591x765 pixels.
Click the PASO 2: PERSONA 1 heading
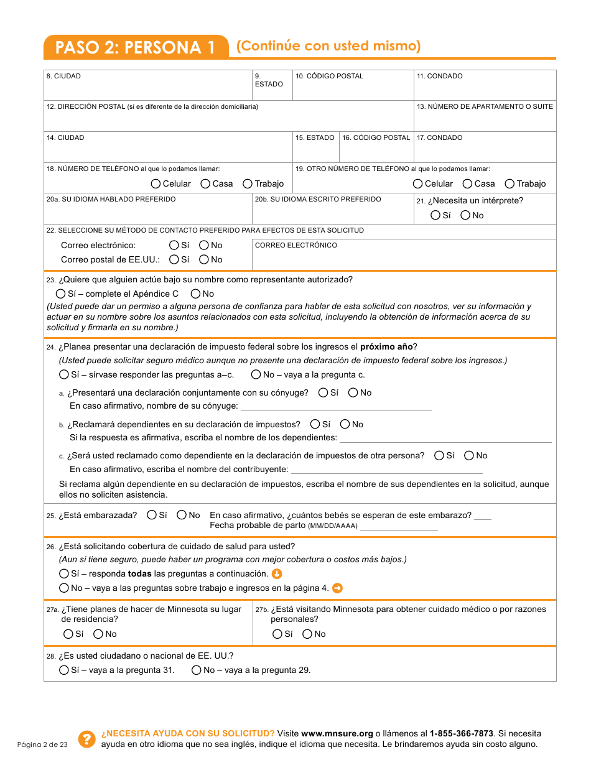coord(136,48)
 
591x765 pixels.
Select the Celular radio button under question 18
coord(156,183)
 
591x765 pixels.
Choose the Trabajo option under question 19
coord(510,183)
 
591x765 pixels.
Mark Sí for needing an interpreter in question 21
coord(435,215)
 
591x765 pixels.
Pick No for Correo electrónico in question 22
coord(204,245)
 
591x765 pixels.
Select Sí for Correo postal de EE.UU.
coord(174,259)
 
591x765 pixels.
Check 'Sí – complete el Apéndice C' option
coord(60,294)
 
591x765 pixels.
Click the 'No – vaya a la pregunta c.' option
coord(256,374)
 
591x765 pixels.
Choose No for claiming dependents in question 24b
coord(345,424)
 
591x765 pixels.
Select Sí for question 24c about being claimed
coord(439,455)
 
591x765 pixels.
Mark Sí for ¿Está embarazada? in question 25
coord(152,515)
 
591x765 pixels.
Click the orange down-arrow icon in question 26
coord(277,573)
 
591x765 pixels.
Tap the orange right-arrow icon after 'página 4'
coord(337,588)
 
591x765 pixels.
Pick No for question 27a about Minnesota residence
coord(98,634)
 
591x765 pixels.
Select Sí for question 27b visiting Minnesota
coord(277,634)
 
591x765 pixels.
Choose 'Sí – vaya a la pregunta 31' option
coord(63,670)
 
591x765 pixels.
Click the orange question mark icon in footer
coord(86,739)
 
